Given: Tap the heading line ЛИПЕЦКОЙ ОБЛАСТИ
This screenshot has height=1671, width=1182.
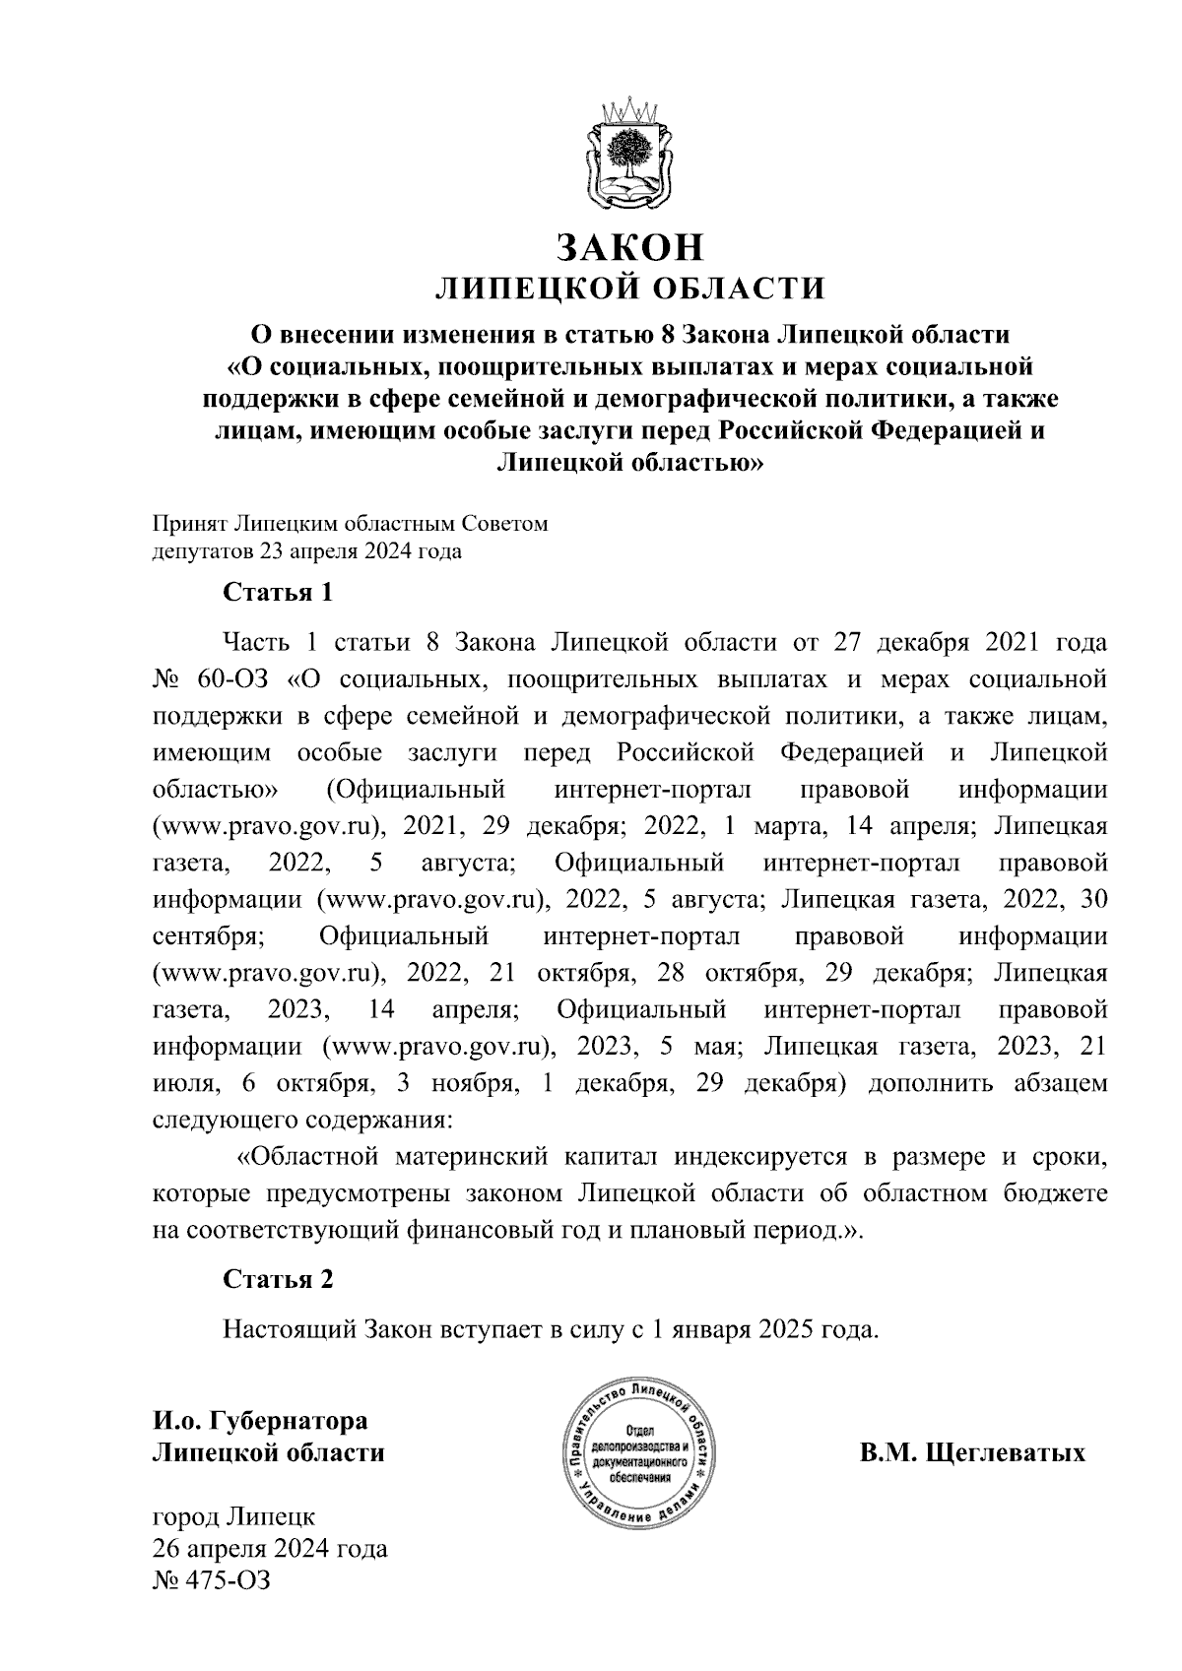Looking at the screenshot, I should (630, 289).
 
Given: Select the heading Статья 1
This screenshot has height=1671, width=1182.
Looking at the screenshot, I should (278, 593).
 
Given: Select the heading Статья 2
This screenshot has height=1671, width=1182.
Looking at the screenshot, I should (278, 1279).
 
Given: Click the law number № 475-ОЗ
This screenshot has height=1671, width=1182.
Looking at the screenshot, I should (211, 1580).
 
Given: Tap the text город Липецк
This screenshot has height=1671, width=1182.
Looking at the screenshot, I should (233, 1515).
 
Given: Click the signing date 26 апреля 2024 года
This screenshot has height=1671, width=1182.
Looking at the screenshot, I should (270, 1548).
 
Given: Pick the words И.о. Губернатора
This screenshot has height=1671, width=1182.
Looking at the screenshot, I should (259, 1421).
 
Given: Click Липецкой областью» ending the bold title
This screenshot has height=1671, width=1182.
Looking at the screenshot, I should (630, 461).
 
